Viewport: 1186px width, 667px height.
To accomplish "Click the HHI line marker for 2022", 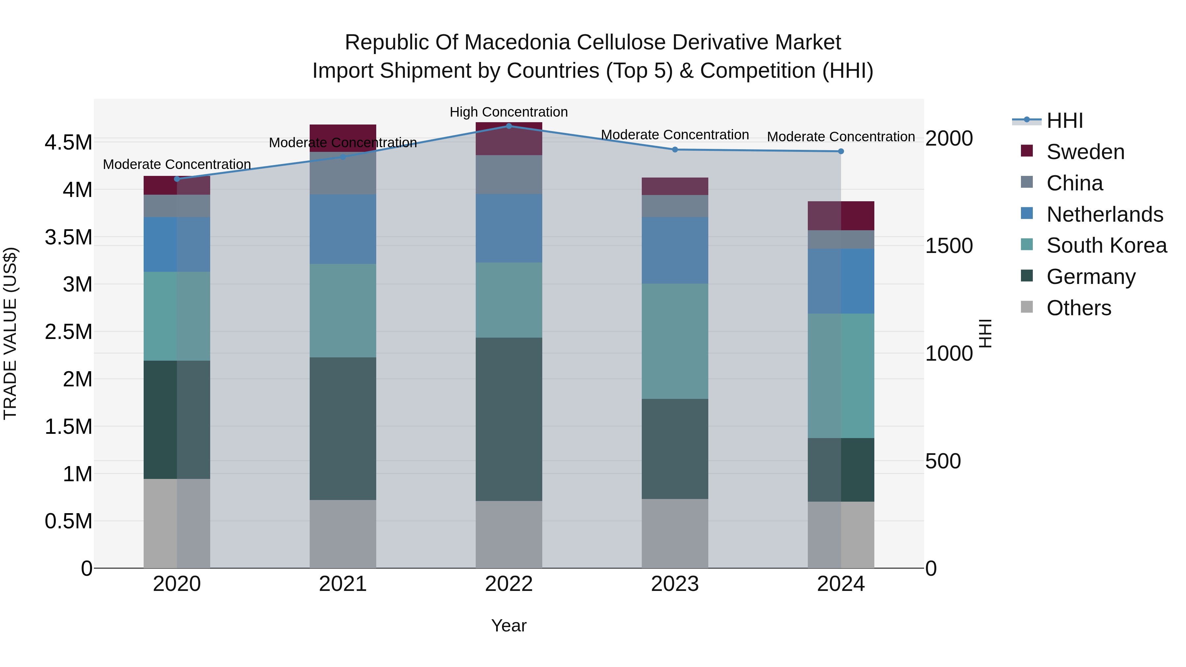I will (509, 126).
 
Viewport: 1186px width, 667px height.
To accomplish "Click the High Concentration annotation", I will (509, 112).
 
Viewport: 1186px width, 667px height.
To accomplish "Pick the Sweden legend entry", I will (1085, 152).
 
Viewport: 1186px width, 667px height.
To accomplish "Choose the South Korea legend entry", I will (1106, 245).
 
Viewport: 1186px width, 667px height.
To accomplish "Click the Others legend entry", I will (1078, 308).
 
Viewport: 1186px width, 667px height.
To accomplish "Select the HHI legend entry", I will (1064, 121).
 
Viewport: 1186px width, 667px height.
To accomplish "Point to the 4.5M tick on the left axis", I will (69, 143).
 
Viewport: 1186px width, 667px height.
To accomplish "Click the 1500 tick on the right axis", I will (949, 246).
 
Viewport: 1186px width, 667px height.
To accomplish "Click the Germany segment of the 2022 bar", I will (509, 419).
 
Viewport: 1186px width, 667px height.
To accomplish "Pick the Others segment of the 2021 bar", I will (343, 534).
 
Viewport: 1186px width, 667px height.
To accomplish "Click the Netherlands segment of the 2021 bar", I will (343, 229).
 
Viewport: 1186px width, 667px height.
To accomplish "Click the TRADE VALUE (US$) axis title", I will (10, 333).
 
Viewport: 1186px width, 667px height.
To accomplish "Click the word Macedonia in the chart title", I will (518, 43).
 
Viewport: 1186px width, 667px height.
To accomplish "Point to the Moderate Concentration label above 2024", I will (841, 137).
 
